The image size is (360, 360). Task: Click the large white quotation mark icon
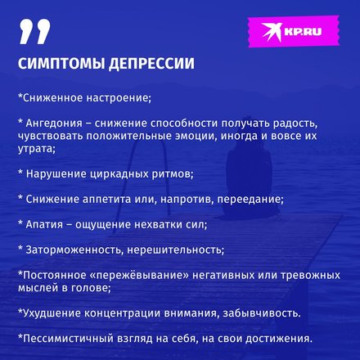coord(34,32)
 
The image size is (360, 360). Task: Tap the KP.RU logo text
coord(303,31)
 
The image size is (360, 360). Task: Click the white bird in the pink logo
coord(272,31)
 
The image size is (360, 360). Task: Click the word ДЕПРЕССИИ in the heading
coord(151,64)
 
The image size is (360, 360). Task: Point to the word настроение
coord(119,98)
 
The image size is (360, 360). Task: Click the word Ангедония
coord(54,124)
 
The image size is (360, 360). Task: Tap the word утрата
coord(37,149)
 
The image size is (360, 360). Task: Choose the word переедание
coord(250,200)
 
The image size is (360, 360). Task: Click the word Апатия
coord(44,225)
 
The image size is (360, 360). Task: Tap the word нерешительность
coord(176,250)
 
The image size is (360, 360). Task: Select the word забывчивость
coord(262,313)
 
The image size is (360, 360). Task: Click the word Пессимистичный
coord(68,339)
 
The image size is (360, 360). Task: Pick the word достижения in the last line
coord(278,339)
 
